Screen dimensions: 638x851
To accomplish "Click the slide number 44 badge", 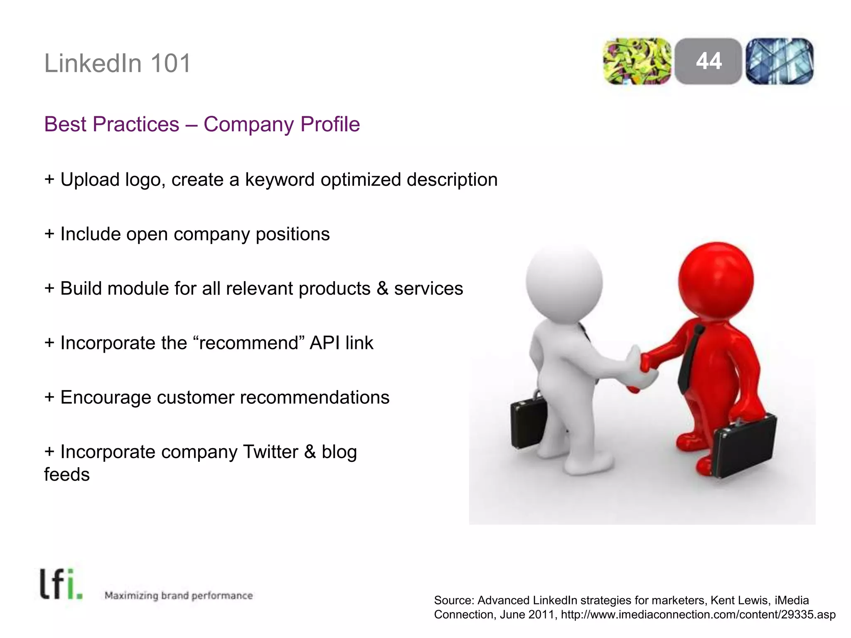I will (708, 61).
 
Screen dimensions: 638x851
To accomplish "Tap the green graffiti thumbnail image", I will (637, 61).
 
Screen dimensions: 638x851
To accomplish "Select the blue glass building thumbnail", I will (780, 61).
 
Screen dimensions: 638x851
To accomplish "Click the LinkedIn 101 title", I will (118, 64).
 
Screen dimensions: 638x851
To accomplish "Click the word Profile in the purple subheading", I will (330, 124).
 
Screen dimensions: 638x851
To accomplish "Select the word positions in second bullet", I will (293, 235).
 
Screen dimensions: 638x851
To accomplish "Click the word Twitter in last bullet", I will (271, 452).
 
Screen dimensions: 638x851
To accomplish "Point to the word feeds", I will (67, 475).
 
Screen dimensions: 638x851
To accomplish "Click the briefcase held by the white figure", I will (529, 422).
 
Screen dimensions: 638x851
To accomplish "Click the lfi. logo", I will (61, 584).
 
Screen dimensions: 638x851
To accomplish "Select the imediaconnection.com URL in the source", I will (698, 615).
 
